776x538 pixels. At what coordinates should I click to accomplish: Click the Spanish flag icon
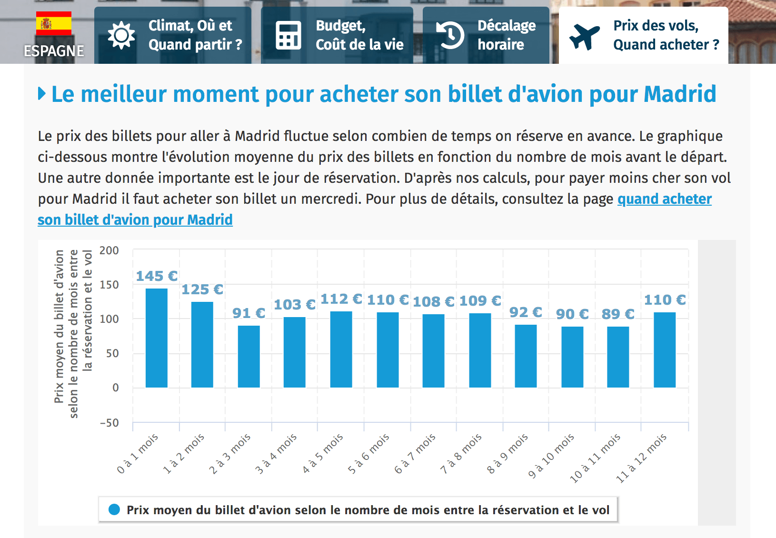(x=54, y=23)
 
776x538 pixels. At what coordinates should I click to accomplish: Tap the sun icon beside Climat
(x=121, y=35)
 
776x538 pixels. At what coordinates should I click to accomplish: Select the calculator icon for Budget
(x=288, y=35)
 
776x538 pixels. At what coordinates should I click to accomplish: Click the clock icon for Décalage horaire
(x=450, y=35)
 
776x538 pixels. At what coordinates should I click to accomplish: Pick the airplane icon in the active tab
(x=585, y=36)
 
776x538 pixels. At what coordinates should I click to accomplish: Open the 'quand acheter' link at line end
(x=664, y=199)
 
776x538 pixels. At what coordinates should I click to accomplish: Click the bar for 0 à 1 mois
(x=156, y=338)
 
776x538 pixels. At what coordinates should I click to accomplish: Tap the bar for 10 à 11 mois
(x=618, y=357)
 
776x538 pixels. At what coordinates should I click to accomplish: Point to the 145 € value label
(x=157, y=276)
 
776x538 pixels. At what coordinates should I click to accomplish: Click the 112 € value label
(x=341, y=299)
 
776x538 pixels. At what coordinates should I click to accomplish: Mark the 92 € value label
(x=526, y=312)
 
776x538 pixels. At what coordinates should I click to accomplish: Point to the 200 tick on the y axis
(x=109, y=250)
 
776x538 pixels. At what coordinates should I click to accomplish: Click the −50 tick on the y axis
(x=109, y=423)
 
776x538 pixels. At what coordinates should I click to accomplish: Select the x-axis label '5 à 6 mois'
(x=369, y=453)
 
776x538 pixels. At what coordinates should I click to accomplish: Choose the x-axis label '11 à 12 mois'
(x=642, y=458)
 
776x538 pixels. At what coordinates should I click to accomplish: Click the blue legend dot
(x=114, y=510)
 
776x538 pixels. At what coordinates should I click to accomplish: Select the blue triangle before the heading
(x=42, y=94)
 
